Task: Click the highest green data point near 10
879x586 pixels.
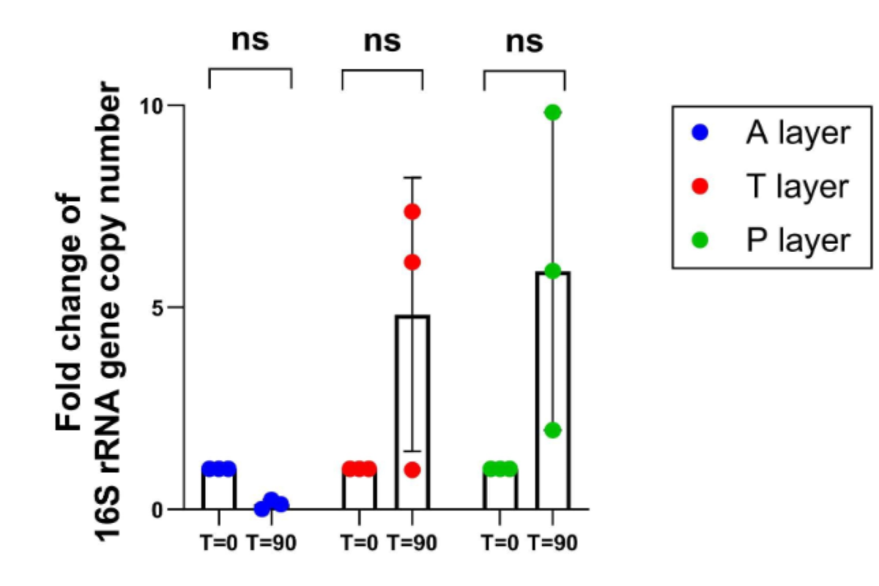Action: pyautogui.click(x=553, y=112)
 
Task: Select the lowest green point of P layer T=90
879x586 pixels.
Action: pyautogui.click(x=553, y=430)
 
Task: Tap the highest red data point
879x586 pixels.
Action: pyautogui.click(x=412, y=212)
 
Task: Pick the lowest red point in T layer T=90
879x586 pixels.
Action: pyautogui.click(x=412, y=470)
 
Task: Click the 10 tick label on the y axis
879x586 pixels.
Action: pyautogui.click(x=151, y=105)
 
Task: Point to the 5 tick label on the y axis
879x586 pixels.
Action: pyautogui.click(x=156, y=307)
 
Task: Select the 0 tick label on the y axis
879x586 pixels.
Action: pyautogui.click(x=156, y=509)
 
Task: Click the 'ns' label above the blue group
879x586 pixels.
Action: pyautogui.click(x=251, y=42)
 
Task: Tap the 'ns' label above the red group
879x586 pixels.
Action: pyautogui.click(x=382, y=42)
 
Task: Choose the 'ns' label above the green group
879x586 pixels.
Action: pyautogui.click(x=524, y=42)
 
